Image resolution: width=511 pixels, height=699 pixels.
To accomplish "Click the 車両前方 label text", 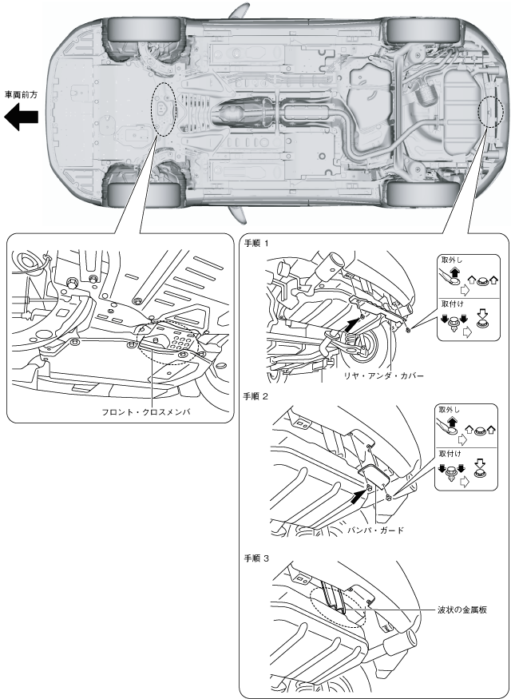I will click(22, 93).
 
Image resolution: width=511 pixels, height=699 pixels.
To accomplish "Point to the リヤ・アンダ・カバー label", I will click(381, 374).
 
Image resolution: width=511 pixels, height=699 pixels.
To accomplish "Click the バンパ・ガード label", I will click(376, 528).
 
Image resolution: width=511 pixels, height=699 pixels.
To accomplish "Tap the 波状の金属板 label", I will click(462, 608).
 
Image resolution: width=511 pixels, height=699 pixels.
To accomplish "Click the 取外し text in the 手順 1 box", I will click(451, 260).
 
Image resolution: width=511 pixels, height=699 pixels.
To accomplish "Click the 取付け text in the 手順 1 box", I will click(451, 304).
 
